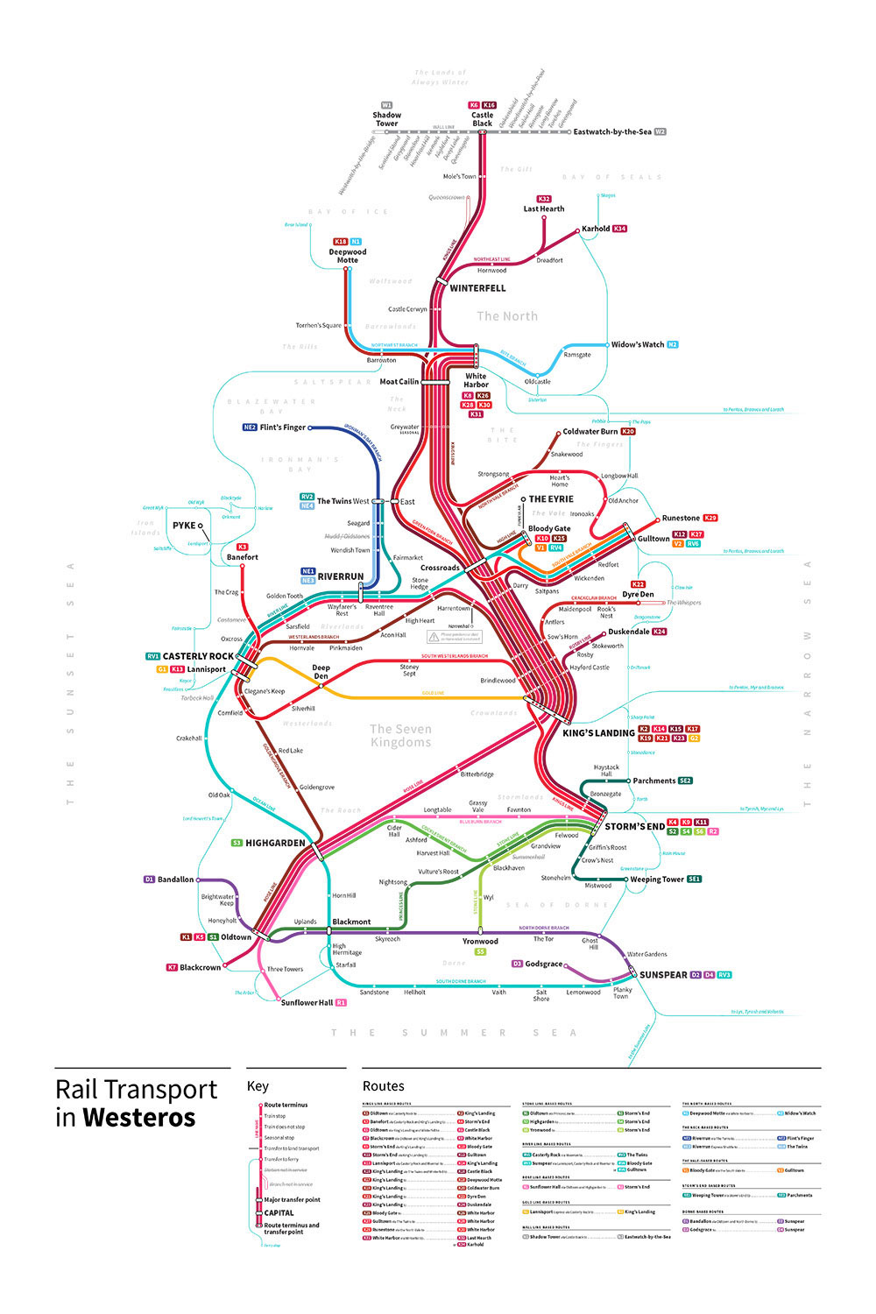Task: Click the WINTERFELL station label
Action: [x=477, y=288]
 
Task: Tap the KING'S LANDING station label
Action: [x=598, y=733]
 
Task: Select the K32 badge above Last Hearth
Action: [x=544, y=199]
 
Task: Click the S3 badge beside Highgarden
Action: [x=237, y=843]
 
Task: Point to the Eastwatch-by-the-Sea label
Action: [x=612, y=132]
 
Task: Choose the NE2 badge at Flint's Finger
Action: [x=250, y=427]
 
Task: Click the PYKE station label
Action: [x=184, y=526]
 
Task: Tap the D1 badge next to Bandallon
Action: [x=149, y=880]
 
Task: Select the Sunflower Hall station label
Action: [x=307, y=1003]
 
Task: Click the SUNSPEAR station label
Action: [x=663, y=975]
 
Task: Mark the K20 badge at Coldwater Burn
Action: [x=628, y=432]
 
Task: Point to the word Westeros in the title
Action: [x=139, y=1119]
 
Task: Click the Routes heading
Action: [x=384, y=1086]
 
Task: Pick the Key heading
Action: [x=258, y=1086]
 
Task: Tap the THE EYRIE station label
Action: [x=551, y=499]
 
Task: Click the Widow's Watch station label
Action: [x=638, y=345]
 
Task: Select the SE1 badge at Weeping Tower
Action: [x=695, y=880]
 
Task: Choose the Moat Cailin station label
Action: [x=399, y=382]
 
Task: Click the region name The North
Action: [x=507, y=316]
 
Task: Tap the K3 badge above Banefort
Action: [x=242, y=547]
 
